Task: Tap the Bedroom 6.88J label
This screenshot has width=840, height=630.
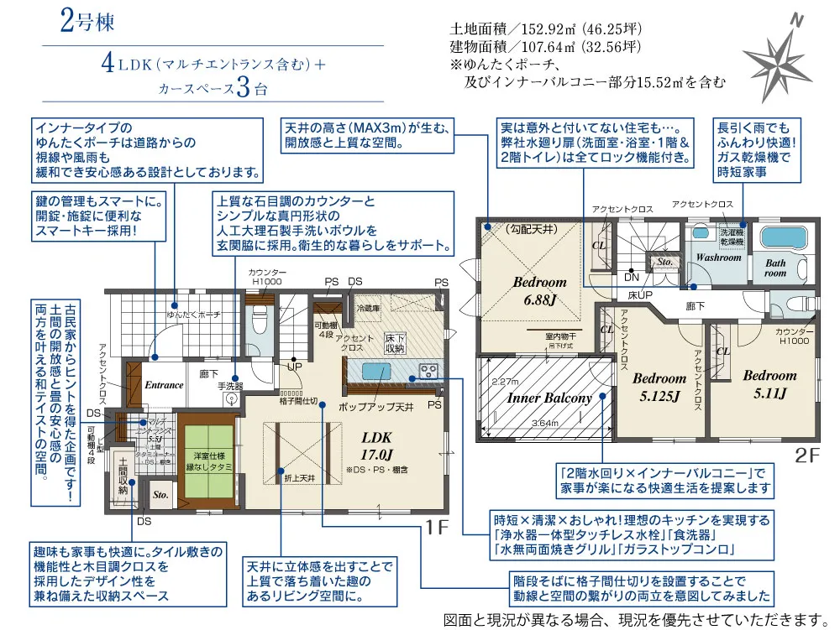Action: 539,290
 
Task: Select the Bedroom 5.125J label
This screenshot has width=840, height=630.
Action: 659,388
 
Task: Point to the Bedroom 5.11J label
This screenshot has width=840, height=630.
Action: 769,384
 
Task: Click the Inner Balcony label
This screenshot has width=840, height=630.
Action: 549,398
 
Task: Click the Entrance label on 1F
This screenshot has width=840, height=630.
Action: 164,385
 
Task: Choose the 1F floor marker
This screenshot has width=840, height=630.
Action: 437,529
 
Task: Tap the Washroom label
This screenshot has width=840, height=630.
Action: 718,258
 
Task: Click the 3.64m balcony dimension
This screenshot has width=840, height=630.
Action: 547,424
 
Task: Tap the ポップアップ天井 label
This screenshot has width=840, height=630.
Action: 376,407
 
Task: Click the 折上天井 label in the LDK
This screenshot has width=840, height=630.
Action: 299,477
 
